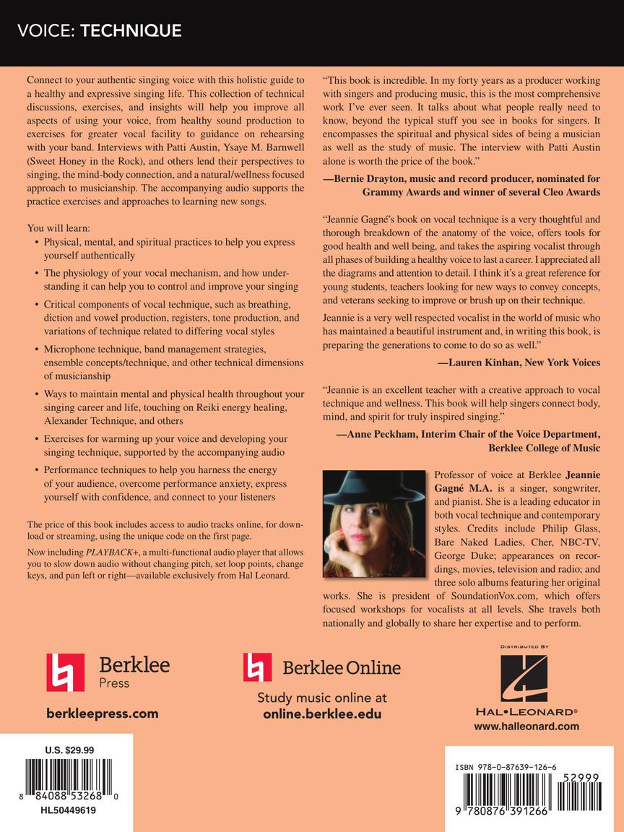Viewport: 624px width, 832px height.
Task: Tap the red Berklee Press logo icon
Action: click(65, 672)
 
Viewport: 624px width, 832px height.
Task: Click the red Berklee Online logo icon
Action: click(257, 667)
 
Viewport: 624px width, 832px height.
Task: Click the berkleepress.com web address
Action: click(102, 714)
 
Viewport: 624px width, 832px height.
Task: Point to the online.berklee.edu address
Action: click(321, 714)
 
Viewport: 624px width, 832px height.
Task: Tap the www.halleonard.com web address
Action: click(526, 727)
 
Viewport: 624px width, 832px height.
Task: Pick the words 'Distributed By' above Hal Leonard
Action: click(525, 646)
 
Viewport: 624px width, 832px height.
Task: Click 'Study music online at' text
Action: click(321, 698)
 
